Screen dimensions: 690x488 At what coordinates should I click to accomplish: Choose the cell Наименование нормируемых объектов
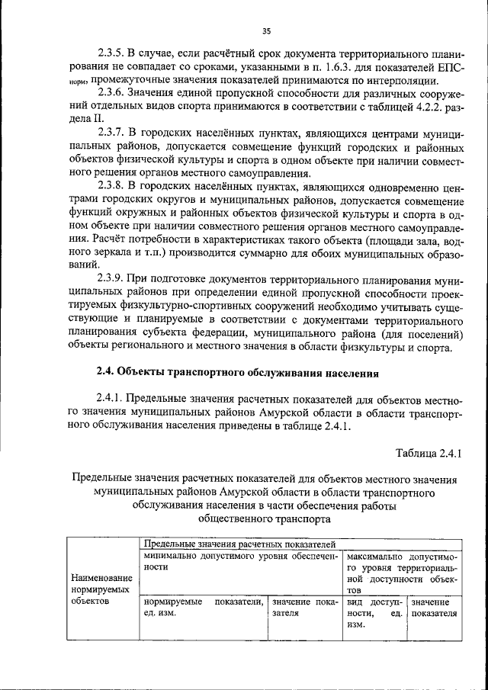click(x=101, y=589)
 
